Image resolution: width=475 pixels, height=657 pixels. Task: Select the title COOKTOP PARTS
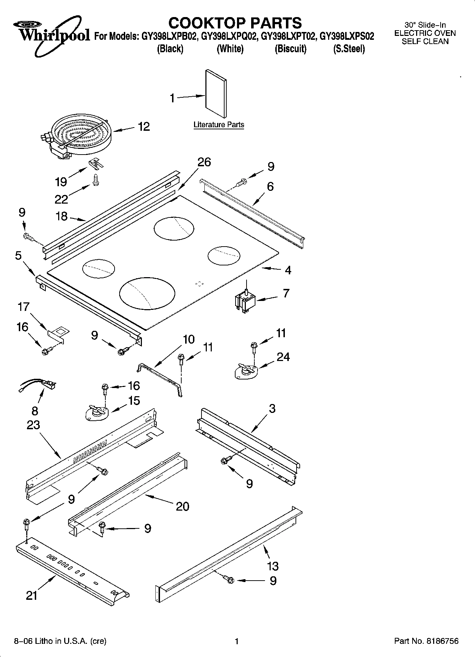point(235,23)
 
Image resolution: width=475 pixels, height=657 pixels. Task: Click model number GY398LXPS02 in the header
point(347,37)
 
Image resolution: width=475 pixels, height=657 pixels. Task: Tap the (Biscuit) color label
point(290,49)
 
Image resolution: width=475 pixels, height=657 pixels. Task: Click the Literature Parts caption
point(219,125)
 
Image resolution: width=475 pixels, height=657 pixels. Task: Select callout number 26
point(204,162)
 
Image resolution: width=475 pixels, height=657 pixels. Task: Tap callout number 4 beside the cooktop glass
point(288,270)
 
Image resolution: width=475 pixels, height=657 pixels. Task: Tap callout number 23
point(33,425)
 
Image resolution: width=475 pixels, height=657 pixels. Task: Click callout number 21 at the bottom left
point(32,595)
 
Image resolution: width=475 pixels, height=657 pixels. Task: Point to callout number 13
point(273,566)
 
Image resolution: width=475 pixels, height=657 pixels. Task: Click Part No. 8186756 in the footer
point(426,641)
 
